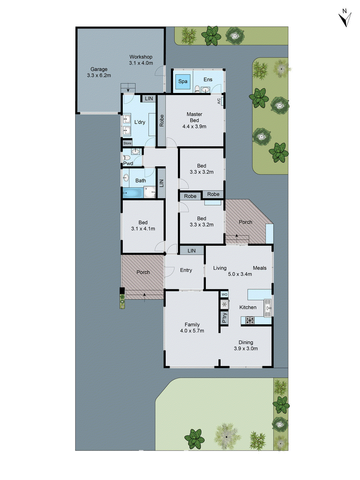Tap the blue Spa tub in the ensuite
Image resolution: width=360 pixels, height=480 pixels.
coord(183,82)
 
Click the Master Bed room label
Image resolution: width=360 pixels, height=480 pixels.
coord(194,117)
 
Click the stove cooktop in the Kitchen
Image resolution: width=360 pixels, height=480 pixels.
coord(250,320)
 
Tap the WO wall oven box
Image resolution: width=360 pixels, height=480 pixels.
coord(224,295)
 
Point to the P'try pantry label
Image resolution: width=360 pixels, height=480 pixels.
coord(224,318)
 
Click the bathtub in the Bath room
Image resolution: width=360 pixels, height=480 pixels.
coord(133,193)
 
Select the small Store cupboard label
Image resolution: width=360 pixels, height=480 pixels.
coord(127,143)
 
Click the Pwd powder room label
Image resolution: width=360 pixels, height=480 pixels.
coord(128,163)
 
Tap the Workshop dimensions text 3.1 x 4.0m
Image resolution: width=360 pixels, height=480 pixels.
coord(141,63)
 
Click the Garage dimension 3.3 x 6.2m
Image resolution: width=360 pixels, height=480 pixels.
coord(99,75)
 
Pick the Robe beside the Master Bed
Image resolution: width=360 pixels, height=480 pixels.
coord(161,121)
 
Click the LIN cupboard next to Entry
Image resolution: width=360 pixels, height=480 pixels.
coord(191,250)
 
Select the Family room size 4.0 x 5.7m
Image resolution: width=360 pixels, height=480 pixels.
coord(192,331)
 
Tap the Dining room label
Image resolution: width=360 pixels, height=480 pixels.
coord(246,342)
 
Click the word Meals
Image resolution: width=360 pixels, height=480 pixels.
coord(259,268)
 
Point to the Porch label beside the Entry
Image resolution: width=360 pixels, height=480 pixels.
coord(143,272)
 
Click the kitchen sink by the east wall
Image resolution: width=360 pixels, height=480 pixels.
coord(268,307)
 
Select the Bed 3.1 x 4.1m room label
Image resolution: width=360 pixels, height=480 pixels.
coord(143,225)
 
